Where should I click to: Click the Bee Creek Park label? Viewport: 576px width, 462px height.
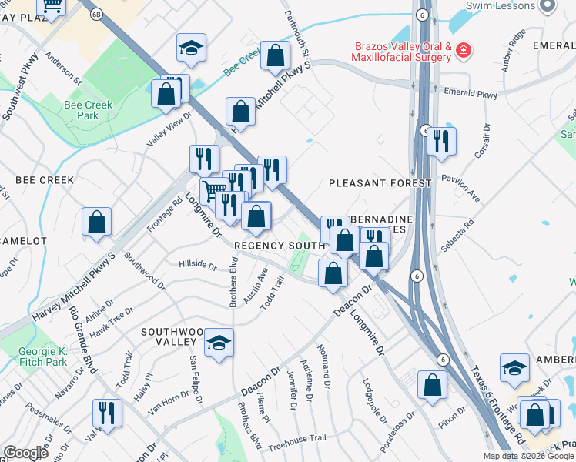[x=89, y=110]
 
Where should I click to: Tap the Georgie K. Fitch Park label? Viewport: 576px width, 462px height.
[x=43, y=356]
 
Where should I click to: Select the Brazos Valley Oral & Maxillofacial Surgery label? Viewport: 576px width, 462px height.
[x=402, y=51]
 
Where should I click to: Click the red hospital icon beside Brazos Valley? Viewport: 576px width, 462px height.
[x=464, y=52]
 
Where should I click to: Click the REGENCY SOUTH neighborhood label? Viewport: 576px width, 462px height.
[x=278, y=245]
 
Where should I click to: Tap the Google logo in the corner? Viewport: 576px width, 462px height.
[x=25, y=453]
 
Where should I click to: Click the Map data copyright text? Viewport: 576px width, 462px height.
[x=529, y=456]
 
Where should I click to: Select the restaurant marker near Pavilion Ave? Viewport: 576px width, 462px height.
[x=441, y=141]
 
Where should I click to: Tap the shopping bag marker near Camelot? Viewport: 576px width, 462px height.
[x=97, y=222]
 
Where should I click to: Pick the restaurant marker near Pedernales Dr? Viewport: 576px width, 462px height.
[x=107, y=413]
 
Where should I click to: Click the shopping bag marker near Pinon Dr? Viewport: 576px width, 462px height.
[x=433, y=384]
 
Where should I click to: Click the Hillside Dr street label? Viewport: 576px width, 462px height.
[x=198, y=264]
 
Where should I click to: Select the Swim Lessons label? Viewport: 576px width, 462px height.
[x=501, y=6]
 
